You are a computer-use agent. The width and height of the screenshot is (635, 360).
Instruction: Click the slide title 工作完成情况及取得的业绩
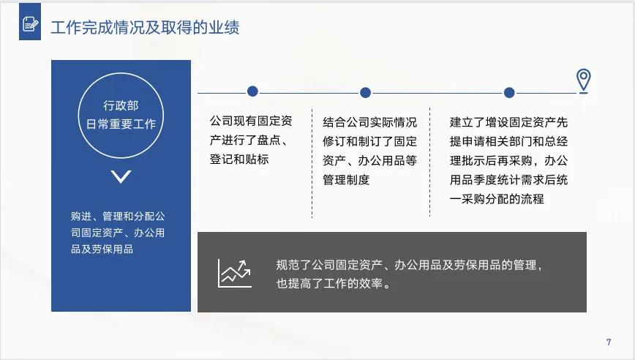click(x=145, y=28)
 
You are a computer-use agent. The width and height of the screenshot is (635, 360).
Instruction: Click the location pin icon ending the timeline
click(x=583, y=80)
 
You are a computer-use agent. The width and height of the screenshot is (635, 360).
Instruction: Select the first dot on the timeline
click(x=252, y=91)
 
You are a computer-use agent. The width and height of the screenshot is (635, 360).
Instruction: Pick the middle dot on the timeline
click(x=366, y=92)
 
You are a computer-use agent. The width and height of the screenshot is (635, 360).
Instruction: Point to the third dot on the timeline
click(x=509, y=92)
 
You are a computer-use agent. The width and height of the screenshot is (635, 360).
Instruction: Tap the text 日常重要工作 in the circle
click(x=121, y=124)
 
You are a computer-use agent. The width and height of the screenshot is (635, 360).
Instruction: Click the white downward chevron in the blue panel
click(x=121, y=176)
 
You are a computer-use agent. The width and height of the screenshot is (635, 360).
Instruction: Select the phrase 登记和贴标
click(x=239, y=159)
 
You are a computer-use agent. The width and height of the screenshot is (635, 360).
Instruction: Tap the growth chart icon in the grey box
click(x=234, y=273)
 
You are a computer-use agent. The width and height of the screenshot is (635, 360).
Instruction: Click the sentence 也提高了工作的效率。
click(x=333, y=283)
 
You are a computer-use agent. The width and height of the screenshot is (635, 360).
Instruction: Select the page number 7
click(x=609, y=342)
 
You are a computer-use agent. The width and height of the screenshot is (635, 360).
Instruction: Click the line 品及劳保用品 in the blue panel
click(x=102, y=249)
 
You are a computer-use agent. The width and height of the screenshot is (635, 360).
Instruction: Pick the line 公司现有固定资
click(x=250, y=121)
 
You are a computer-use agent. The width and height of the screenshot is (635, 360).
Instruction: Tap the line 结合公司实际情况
click(x=369, y=121)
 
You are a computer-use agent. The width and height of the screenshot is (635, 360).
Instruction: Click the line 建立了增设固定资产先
click(x=508, y=121)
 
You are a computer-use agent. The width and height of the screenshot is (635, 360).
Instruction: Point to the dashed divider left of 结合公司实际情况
click(x=312, y=165)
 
